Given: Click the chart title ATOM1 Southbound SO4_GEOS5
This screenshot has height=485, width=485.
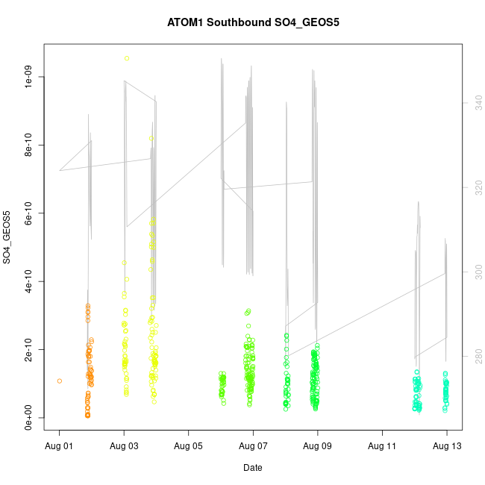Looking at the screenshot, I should [253, 23].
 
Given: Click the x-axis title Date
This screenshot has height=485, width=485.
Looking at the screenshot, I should [252, 468].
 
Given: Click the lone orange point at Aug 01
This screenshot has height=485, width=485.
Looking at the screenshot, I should [60, 381].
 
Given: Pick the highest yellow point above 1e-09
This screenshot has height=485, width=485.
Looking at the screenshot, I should [127, 58].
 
